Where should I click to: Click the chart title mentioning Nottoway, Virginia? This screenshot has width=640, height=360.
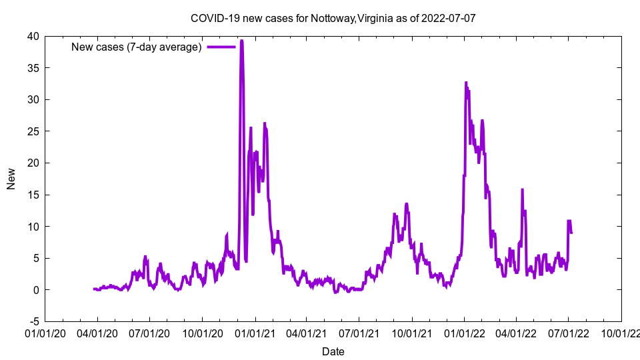[x=333, y=18]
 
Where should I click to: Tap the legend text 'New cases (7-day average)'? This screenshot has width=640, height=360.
[x=136, y=47]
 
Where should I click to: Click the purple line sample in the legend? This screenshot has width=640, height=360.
[x=221, y=47]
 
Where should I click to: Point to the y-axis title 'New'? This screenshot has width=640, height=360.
[x=11, y=179]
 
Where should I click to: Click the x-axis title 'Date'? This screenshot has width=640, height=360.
[x=333, y=351]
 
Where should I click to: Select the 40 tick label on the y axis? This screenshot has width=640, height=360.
[x=33, y=36]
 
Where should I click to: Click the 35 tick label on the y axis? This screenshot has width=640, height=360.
[x=33, y=68]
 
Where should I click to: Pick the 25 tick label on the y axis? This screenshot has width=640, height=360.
[x=33, y=131]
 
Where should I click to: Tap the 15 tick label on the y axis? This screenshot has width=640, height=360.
[x=33, y=195]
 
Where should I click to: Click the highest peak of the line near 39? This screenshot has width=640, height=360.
[x=241, y=41]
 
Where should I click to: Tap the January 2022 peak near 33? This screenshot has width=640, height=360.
[x=466, y=83]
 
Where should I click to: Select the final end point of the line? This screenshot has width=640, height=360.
[x=571, y=233]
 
